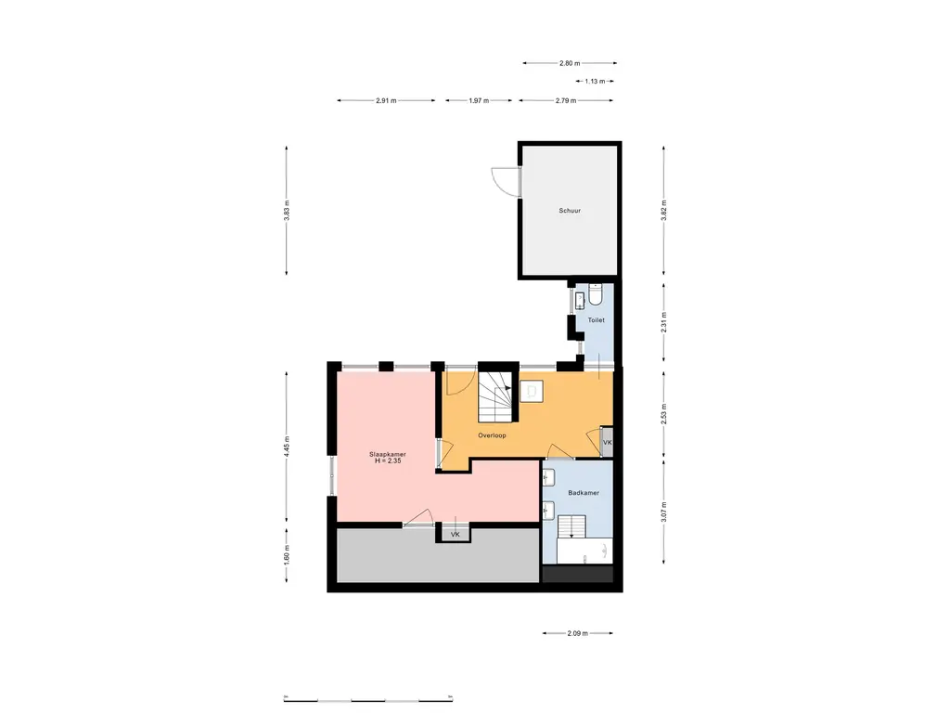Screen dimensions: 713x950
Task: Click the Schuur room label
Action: (x=570, y=211)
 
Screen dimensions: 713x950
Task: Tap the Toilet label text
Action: (x=596, y=320)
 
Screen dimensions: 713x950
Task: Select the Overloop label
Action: (x=492, y=434)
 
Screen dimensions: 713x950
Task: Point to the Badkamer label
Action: (x=584, y=493)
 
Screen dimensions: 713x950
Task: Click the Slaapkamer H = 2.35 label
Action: (x=387, y=458)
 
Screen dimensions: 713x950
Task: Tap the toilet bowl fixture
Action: (x=597, y=296)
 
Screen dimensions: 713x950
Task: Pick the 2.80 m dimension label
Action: (x=570, y=63)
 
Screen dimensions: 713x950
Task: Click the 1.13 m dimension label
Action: (x=595, y=82)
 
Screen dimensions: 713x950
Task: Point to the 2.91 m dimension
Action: (x=387, y=100)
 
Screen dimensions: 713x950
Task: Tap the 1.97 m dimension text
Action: (x=479, y=100)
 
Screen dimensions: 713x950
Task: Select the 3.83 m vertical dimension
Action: (x=287, y=211)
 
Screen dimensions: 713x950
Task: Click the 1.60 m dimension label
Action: (x=287, y=553)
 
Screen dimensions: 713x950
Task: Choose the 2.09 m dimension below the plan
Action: (x=577, y=634)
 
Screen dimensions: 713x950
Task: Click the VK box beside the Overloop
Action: (x=607, y=443)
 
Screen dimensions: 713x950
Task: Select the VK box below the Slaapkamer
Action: (x=455, y=536)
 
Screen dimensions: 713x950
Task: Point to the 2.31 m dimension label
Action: (x=663, y=321)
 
